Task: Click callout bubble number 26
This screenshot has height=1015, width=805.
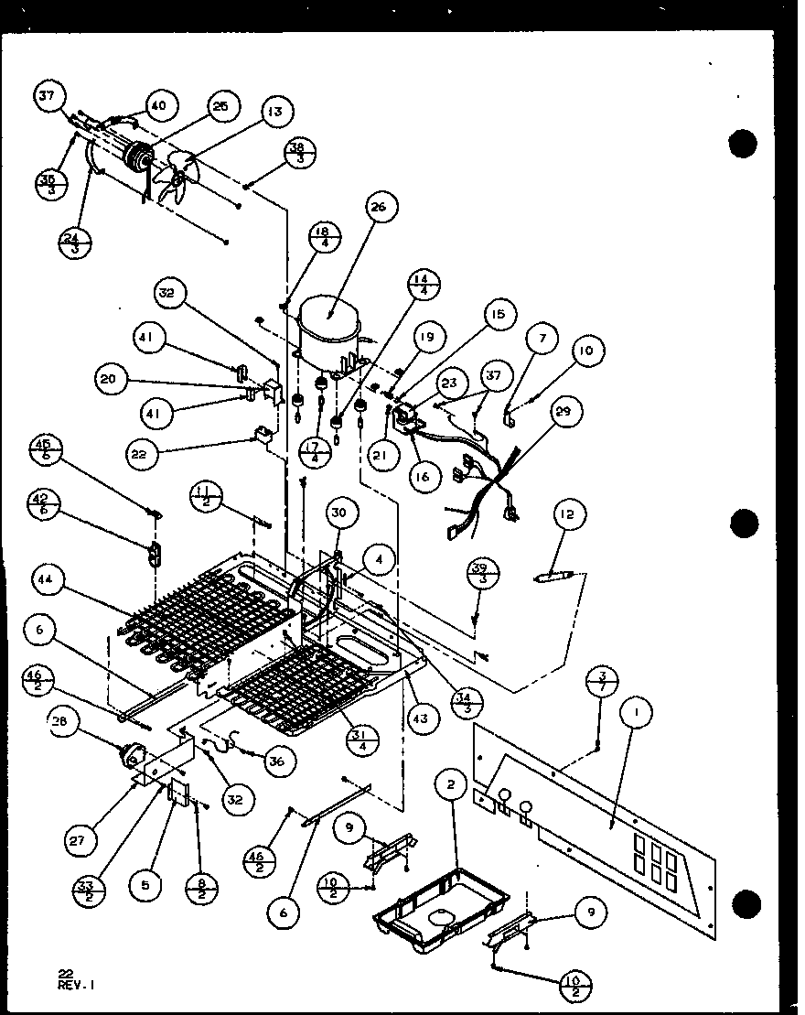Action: [379, 208]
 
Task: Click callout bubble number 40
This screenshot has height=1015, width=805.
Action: [157, 105]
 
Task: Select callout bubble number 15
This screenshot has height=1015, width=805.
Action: [497, 316]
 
